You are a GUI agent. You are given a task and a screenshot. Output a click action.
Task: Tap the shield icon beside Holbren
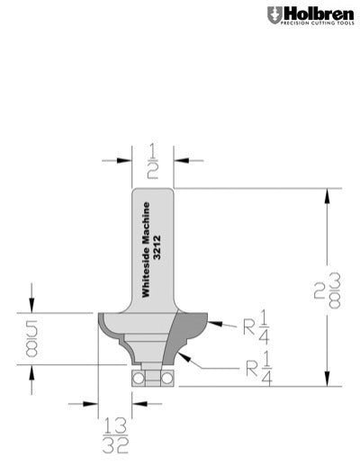(274, 14)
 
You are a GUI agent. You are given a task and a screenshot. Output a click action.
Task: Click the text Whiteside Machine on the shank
(148, 248)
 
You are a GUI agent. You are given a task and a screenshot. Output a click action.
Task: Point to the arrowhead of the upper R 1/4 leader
(211, 318)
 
